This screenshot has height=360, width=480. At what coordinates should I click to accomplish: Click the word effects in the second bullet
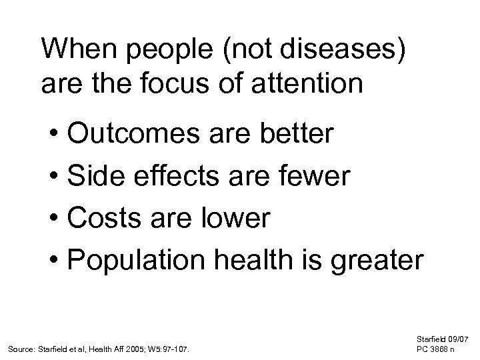pyautogui.click(x=177, y=177)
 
